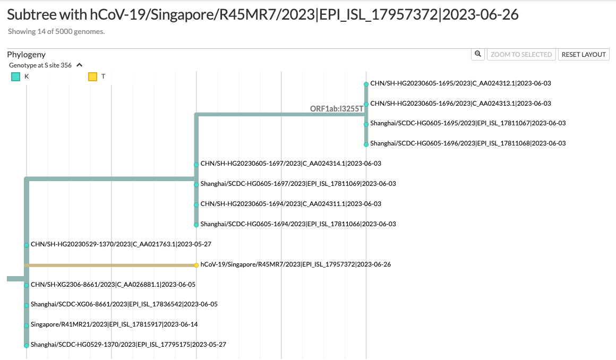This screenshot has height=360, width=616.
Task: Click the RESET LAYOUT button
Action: coord(584,54)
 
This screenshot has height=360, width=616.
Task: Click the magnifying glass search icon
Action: coord(478,54)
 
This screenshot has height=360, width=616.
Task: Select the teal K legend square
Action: coord(16,76)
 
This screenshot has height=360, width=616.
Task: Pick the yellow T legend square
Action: coord(92,76)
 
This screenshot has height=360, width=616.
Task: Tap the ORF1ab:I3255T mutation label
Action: coord(337,109)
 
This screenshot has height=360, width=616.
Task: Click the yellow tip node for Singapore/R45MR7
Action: coord(196,265)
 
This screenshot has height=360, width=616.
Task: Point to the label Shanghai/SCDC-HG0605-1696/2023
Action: coord(468,143)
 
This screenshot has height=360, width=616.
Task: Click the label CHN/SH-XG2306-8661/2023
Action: coord(113,285)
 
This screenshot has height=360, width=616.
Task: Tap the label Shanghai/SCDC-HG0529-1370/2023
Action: coord(129,345)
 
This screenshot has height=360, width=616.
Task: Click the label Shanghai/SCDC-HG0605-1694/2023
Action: coord(298,224)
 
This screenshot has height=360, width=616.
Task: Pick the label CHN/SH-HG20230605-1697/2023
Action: coord(290,164)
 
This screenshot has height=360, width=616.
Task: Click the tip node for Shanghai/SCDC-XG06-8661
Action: coord(27,305)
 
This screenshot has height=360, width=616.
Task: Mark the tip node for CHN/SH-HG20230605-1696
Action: coord(366,104)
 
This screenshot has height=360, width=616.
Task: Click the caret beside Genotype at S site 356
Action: coord(80,65)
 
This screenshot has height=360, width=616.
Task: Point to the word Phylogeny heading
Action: coord(27,54)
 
